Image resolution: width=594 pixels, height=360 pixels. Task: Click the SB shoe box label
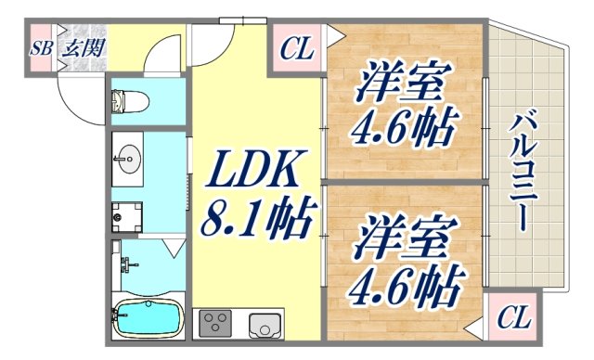pos(41,49)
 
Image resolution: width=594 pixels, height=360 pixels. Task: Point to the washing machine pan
pos(126,216)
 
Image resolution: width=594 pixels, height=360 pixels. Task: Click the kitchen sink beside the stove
pos(263,326)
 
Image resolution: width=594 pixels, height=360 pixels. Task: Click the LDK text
pos(250,173)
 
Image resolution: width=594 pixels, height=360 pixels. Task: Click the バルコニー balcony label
pos(522,176)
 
